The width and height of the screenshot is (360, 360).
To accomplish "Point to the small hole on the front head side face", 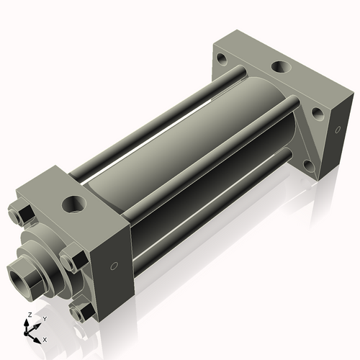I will [112, 266].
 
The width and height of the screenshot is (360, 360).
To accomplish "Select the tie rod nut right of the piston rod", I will [73, 257].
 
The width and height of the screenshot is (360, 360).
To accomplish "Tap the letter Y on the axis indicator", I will [44, 318].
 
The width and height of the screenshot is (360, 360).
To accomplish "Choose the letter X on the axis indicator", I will [45, 338].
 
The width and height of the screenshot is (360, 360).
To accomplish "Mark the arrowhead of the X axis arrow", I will [39, 336].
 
